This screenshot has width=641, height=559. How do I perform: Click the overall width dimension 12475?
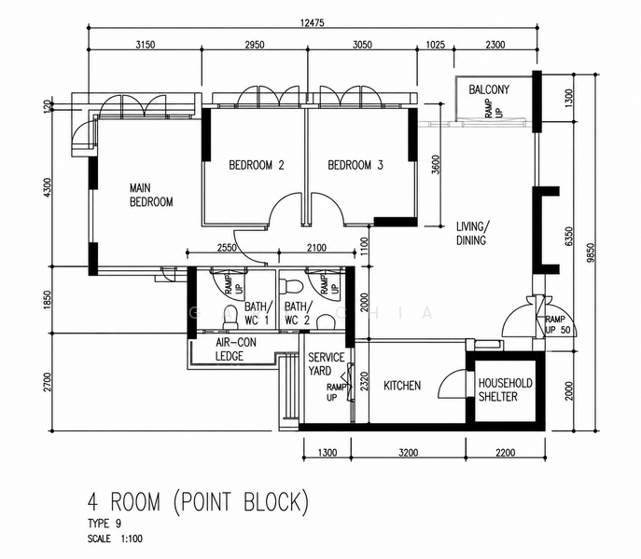[x=312, y=22]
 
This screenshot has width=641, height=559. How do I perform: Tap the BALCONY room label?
[x=489, y=89]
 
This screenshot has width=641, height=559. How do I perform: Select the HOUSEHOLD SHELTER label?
[x=506, y=389]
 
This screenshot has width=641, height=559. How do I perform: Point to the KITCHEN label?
[x=402, y=386]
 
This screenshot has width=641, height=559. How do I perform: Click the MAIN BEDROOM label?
[x=151, y=195]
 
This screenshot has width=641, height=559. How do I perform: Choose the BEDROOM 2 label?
[x=257, y=165]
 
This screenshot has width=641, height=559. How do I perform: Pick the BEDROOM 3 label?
[x=355, y=165]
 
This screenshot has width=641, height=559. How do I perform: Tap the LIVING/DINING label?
[x=472, y=233]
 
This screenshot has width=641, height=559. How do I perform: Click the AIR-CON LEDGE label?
[x=235, y=349]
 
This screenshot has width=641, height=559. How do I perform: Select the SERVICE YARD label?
[x=326, y=364]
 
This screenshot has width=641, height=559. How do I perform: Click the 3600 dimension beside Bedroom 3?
[x=436, y=165]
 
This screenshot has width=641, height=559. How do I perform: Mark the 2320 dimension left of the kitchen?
[x=364, y=380]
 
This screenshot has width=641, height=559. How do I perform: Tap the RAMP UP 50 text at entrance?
[x=557, y=324]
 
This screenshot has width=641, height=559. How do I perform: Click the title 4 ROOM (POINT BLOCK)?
[x=198, y=501]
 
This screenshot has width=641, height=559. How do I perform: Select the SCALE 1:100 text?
[x=115, y=539]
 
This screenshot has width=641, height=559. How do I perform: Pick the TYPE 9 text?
[x=105, y=524]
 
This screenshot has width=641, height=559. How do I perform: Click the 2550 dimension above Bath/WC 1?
[x=227, y=248]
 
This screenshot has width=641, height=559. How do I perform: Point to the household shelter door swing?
[x=453, y=384]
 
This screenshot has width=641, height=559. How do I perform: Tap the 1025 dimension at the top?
[x=435, y=44]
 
